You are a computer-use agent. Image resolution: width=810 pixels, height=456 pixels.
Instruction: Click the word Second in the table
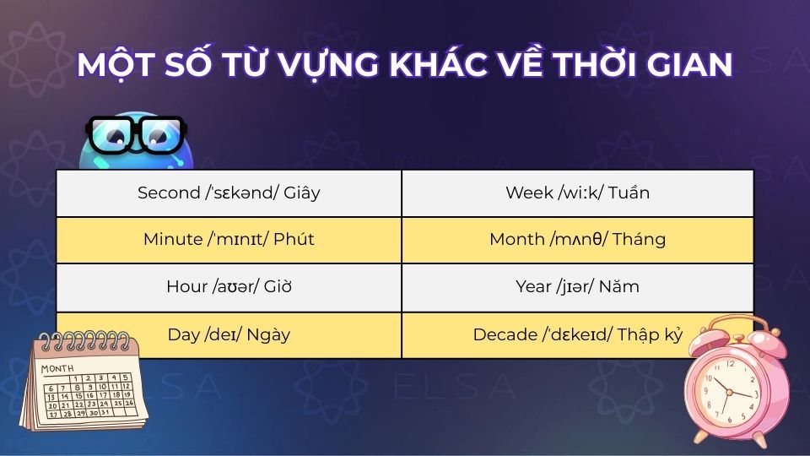pyautogui.click(x=168, y=193)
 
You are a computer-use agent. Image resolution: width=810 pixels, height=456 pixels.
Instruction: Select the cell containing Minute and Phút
pyautogui.click(x=229, y=239)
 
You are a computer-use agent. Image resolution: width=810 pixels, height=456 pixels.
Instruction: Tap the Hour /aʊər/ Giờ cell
pyautogui.click(x=229, y=286)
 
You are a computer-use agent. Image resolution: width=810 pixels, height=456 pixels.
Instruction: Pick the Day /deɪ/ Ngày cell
pyautogui.click(x=229, y=334)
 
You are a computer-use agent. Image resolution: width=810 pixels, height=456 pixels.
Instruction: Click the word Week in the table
pyautogui.click(x=529, y=193)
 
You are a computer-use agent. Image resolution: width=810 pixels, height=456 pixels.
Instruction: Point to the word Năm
pyautogui.click(x=621, y=286)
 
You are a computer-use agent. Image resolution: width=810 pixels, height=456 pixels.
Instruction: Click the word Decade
pyautogui.click(x=505, y=334)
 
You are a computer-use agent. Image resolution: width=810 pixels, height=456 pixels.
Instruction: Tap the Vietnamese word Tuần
pyautogui.click(x=628, y=193)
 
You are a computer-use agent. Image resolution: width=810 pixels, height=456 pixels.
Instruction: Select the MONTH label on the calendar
pyautogui.click(x=57, y=369)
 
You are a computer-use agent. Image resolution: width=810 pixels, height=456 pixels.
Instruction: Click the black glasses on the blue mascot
pyautogui.click(x=135, y=135)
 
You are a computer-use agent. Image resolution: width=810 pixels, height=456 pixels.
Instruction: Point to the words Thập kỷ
pyautogui.click(x=650, y=334)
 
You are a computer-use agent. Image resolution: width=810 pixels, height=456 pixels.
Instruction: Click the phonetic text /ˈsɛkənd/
pyautogui.click(x=237, y=193)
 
